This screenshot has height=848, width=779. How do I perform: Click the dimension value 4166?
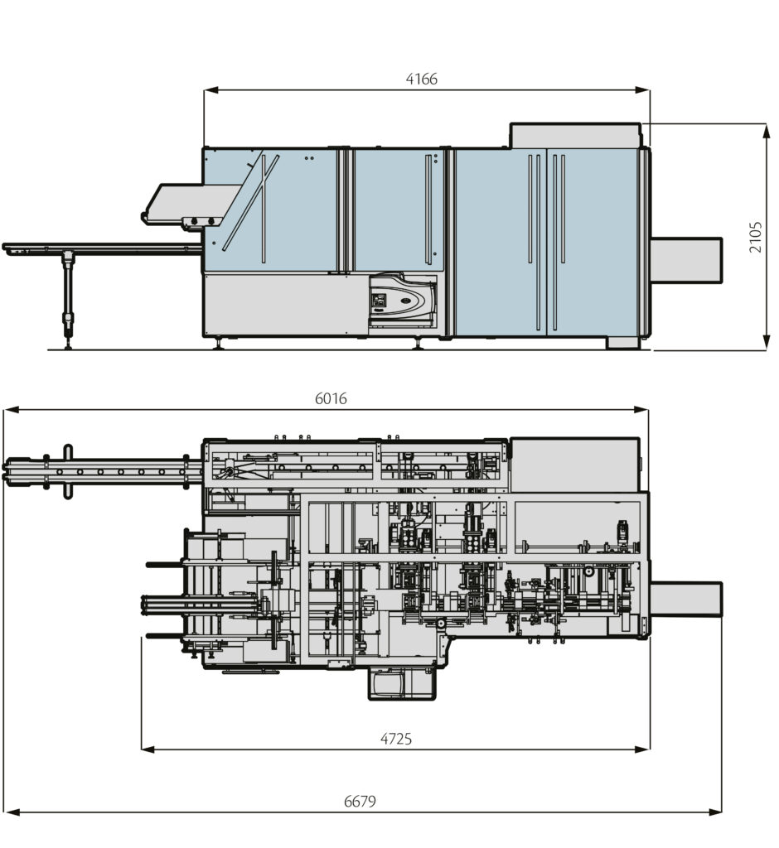coord(421,79)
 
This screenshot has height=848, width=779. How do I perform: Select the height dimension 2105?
coord(756,237)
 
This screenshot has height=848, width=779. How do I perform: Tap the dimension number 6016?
coord(331,398)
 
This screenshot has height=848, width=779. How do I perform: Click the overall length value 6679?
coord(360,801)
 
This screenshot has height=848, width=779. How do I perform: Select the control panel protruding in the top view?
coord(401,684)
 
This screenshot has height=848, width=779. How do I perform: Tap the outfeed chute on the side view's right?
coord(685,259)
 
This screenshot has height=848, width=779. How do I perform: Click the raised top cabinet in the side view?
coord(575,136)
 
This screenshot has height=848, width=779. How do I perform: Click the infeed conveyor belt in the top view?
coord(99,472)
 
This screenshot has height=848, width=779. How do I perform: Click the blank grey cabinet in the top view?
coord(574,465)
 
